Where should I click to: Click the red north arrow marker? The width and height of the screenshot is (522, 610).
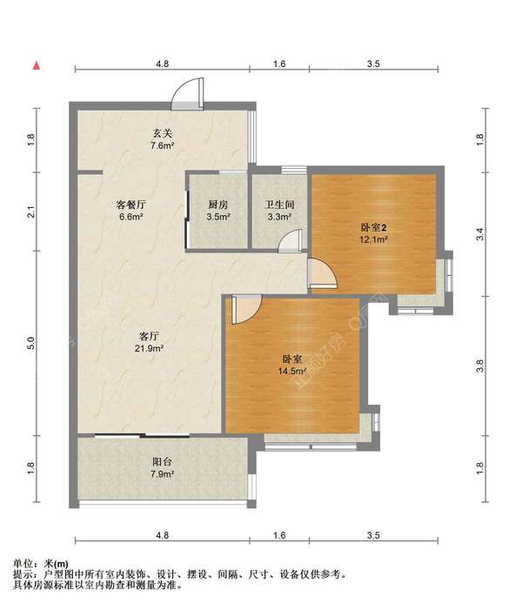pos(37,66)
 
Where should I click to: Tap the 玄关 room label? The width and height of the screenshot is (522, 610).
pos(162,133)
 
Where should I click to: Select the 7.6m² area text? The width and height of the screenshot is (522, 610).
pos(162,146)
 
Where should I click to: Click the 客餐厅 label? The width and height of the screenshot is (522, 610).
pos(131,204)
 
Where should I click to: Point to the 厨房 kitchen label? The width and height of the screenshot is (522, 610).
pos(217,204)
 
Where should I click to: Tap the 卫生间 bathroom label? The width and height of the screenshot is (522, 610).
pos(279,204)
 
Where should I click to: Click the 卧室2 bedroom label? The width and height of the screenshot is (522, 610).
pos(372,227)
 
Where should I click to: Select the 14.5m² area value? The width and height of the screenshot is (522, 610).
pos(291,372)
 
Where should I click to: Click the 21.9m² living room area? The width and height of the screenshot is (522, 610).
pos(149,349)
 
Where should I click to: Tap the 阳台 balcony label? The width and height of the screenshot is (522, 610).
pos(162,462)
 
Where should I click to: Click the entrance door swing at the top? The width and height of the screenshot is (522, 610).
pos(188,93)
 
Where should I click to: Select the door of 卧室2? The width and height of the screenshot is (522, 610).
pos(322,273)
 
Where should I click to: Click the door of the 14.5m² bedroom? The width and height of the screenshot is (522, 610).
pos(246,309)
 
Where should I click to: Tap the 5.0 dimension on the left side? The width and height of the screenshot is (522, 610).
pos(31,343)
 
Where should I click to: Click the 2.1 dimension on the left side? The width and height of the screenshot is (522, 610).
pos(31,212)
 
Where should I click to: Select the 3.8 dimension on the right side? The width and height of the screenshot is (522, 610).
pos(479,365)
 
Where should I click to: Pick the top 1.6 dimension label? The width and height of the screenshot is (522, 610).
pos(279,64)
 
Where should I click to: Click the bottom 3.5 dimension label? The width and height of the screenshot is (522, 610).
pos(373,535)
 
